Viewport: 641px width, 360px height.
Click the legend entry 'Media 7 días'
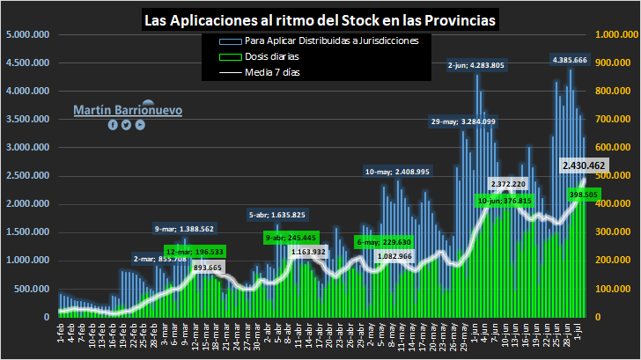(272, 72)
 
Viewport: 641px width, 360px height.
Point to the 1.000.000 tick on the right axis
(616, 35)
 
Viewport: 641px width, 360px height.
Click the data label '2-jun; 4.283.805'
(475, 65)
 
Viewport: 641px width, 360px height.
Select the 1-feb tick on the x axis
(59, 334)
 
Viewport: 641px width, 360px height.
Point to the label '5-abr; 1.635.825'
(277, 215)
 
